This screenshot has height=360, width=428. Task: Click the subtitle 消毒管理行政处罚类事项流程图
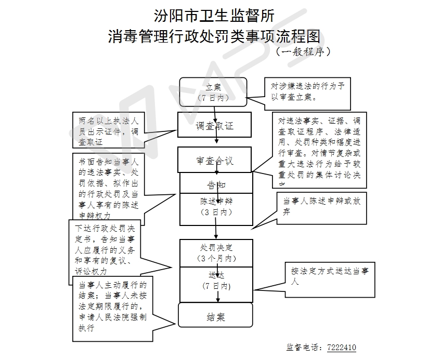coord(214,37)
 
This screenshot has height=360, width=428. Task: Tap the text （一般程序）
coord(303,52)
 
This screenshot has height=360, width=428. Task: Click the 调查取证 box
coord(214,125)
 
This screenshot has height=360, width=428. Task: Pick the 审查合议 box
coord(214,160)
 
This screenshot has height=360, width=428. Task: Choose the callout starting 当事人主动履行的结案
coord(111,306)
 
